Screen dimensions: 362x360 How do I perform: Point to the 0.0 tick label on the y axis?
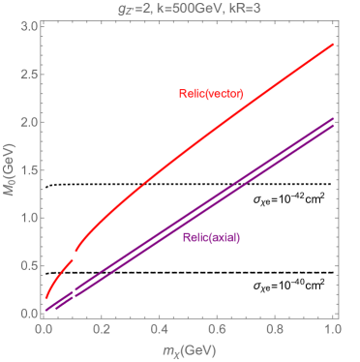[27, 314]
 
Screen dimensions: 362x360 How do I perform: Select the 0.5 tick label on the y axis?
[27, 266]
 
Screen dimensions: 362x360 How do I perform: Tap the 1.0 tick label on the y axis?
[27, 218]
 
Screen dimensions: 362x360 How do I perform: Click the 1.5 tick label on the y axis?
[27, 170]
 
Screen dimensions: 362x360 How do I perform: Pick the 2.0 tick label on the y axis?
[27, 122]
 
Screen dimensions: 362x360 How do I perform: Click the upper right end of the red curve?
[333, 44]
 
